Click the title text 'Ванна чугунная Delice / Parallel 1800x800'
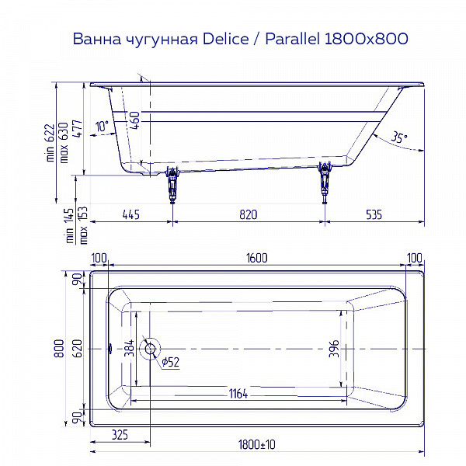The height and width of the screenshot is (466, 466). pyautogui.click(x=240, y=38)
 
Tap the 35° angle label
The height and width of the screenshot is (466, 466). pyautogui.click(x=398, y=137)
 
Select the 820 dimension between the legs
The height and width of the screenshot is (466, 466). pyautogui.click(x=248, y=215)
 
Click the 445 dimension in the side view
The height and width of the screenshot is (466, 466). pyautogui.click(x=132, y=215)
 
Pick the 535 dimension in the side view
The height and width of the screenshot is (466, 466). pyautogui.click(x=374, y=215)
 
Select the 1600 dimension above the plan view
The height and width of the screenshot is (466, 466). pyautogui.click(x=256, y=258)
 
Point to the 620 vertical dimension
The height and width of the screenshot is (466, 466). pyautogui.click(x=76, y=349)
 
